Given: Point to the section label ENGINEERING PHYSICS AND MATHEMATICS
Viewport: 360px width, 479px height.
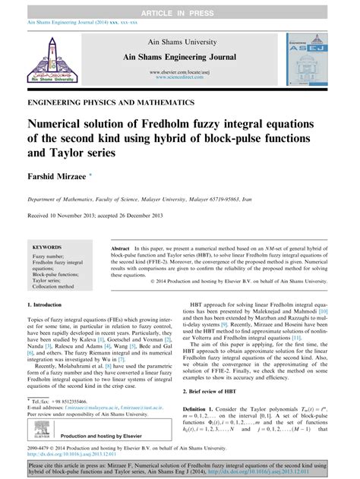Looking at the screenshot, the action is tap(110, 101).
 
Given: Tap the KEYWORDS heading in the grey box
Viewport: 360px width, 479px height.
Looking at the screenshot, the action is tap(48, 247).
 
